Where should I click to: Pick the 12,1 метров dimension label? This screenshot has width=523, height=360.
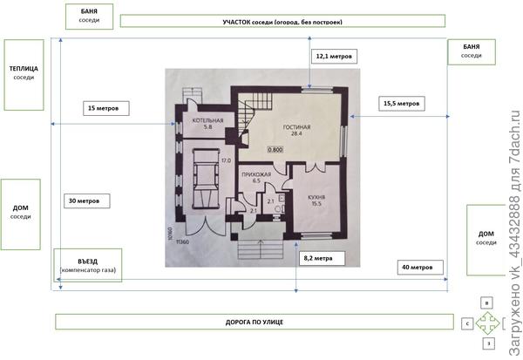point(335,55)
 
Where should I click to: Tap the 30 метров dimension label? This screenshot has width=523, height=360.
point(89,200)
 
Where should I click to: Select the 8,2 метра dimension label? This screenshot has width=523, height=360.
point(317,258)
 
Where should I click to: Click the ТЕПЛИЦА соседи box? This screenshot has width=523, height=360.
point(24,74)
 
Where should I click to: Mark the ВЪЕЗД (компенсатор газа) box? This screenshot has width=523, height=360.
point(89,266)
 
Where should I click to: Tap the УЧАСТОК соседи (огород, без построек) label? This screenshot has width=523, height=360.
point(281,21)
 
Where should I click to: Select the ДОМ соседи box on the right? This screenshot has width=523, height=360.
point(486,238)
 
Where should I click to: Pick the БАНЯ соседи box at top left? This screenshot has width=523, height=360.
point(88,15)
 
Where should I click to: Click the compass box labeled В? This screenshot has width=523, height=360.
point(488,302)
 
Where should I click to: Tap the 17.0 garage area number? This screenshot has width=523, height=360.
point(225,160)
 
